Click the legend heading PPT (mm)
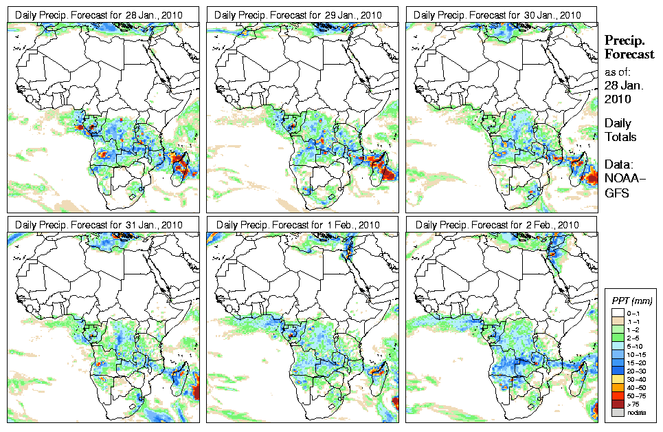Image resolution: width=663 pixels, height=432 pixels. tap(631, 301)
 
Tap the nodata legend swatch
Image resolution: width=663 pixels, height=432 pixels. tap(617, 412)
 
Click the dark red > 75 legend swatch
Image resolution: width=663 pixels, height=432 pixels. tap(617, 404)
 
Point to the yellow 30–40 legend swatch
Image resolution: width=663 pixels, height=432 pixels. tap(617, 378)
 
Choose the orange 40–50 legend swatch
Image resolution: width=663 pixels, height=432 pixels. tap(617, 387)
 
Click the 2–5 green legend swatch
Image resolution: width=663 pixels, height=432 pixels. tap(617, 337)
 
